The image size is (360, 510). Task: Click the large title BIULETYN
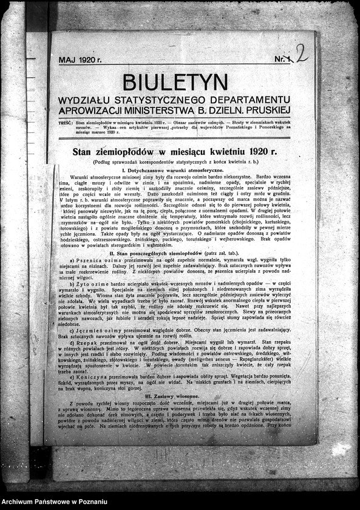(175, 82)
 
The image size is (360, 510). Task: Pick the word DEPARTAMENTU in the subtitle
(251, 100)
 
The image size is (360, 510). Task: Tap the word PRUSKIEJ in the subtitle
(268, 110)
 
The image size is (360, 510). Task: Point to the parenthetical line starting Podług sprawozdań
(175, 163)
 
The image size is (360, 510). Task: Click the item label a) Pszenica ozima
(92, 259)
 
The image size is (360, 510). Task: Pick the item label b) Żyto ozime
(89, 284)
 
